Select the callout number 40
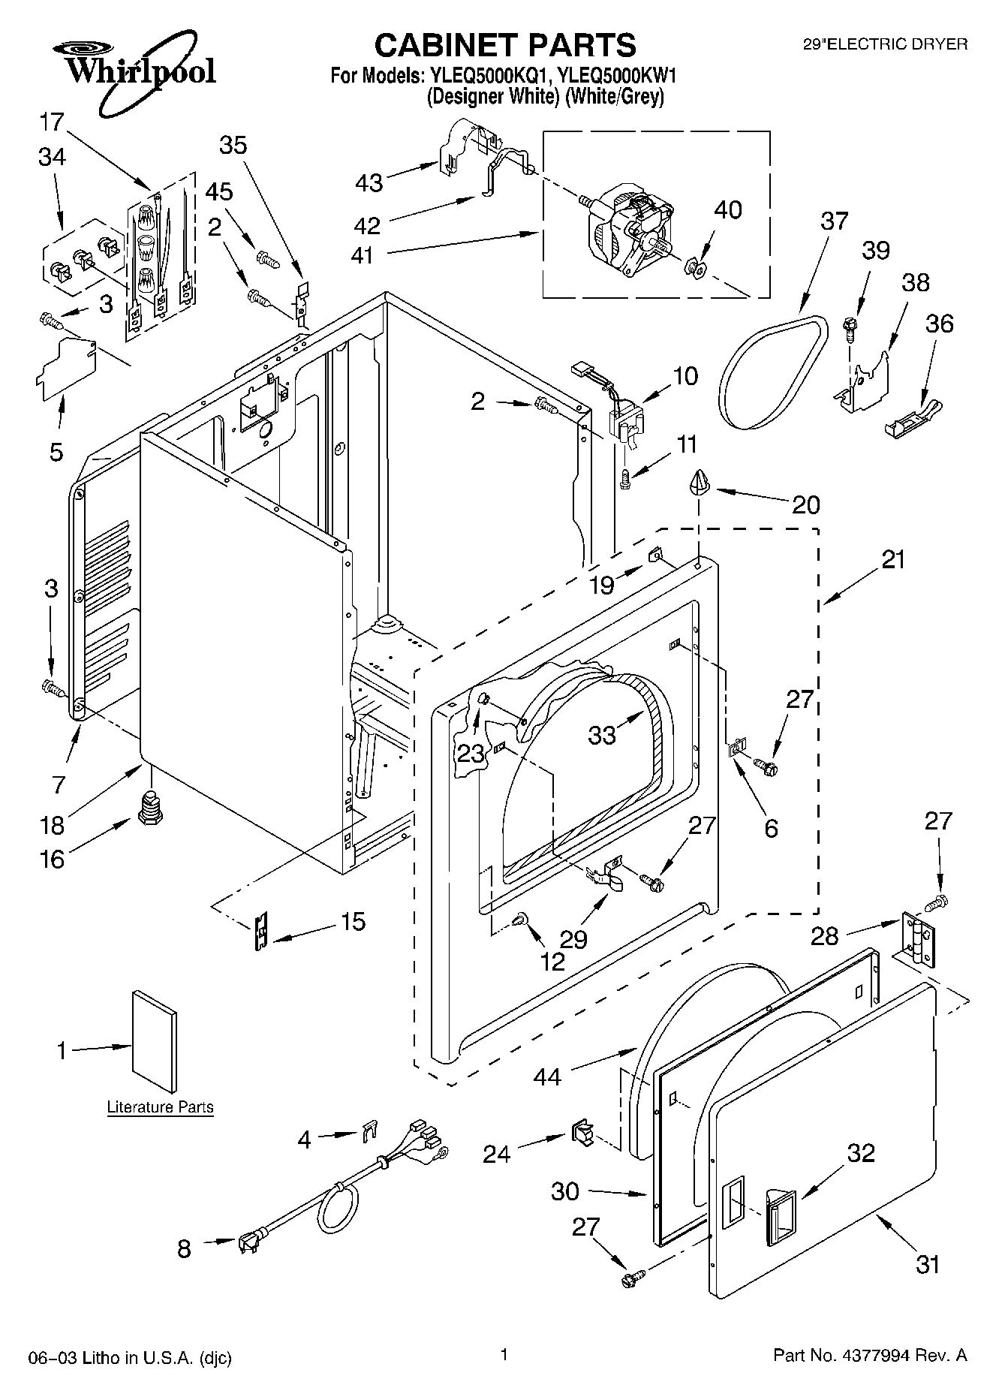pyautogui.click(x=727, y=209)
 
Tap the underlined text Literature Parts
pyautogui.click(x=160, y=1106)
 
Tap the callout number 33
pyautogui.click(x=602, y=734)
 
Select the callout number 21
pyautogui.click(x=893, y=559)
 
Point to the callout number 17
pyautogui.click(x=52, y=122)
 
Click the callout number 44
pyautogui.click(x=547, y=1076)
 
